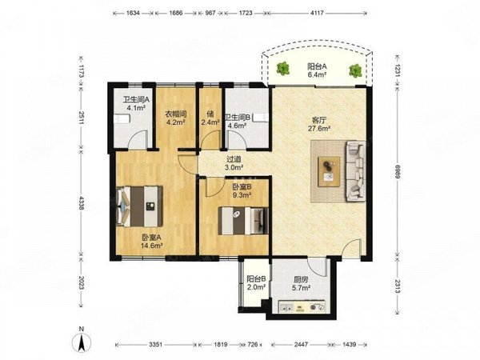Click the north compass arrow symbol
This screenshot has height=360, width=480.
(x=81, y=342)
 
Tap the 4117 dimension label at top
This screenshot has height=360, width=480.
(x=317, y=13)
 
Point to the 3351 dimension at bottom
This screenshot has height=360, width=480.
(x=156, y=344)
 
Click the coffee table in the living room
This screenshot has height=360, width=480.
(x=329, y=171)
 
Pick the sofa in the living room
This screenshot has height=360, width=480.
(x=356, y=171)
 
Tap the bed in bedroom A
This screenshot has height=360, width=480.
(x=139, y=206)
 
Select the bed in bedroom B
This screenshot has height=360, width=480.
(x=243, y=221)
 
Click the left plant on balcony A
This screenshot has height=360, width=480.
(x=283, y=68)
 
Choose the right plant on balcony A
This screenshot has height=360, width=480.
(x=355, y=70)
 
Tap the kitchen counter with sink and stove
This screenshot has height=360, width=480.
(x=302, y=306)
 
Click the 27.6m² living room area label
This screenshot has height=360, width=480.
(x=319, y=129)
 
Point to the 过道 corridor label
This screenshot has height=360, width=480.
(x=234, y=159)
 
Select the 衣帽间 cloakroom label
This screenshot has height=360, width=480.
(x=176, y=114)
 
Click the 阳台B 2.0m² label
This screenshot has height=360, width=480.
(x=256, y=283)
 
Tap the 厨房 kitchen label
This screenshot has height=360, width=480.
(x=301, y=279)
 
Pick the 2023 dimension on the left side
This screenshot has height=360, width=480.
(x=81, y=283)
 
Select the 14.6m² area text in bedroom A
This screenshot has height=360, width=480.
(x=151, y=246)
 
